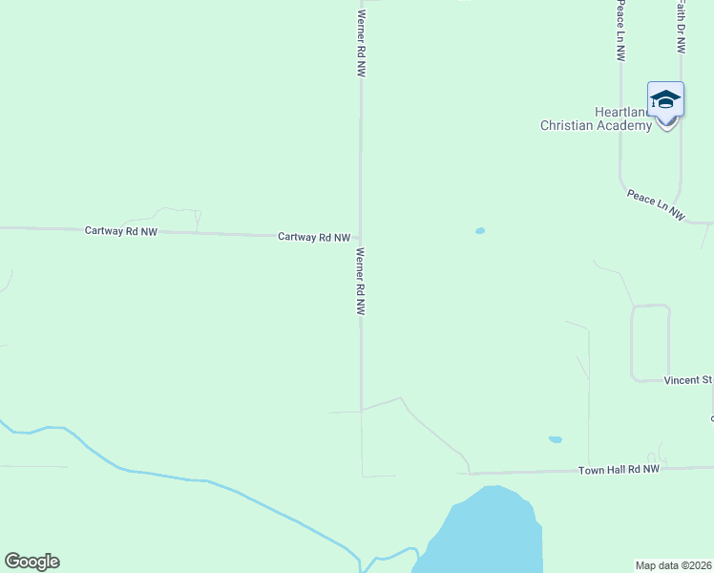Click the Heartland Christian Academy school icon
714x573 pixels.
click(x=665, y=100)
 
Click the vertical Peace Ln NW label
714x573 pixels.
click(x=620, y=31)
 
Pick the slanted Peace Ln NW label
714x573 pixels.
click(x=656, y=205)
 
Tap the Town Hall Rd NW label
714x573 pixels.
click(x=619, y=470)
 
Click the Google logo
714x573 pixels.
click(x=31, y=562)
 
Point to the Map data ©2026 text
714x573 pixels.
click(x=674, y=564)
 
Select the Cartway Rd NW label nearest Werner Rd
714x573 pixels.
click(x=314, y=237)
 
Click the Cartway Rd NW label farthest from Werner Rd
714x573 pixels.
click(x=120, y=231)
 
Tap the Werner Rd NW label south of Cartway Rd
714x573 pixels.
click(x=361, y=283)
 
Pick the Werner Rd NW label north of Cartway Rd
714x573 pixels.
click(x=361, y=43)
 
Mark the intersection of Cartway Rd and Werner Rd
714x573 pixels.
click(x=361, y=237)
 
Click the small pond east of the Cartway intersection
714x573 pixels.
click(x=479, y=231)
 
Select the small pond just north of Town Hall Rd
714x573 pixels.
click(x=555, y=439)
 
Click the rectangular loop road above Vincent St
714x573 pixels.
click(x=650, y=342)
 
